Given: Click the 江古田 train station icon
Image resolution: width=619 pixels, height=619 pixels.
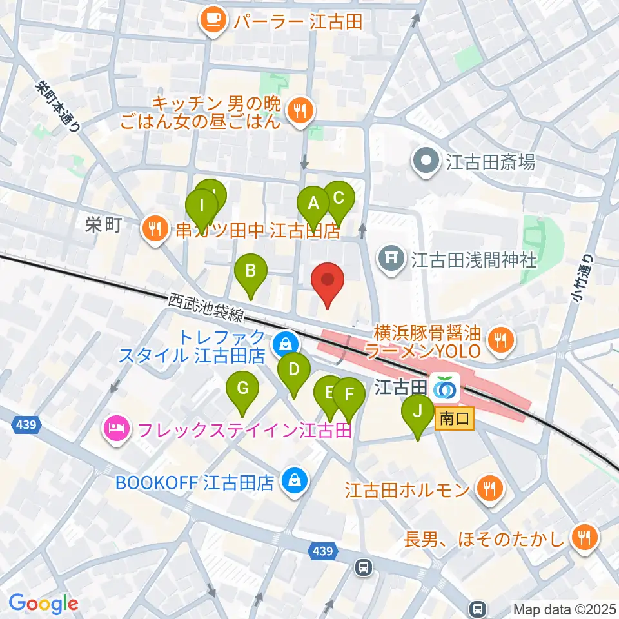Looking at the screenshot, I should (x=445, y=387).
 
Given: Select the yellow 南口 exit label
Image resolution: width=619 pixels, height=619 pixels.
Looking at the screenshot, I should (x=455, y=420).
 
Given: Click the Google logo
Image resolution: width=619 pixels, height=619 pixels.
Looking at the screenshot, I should (x=43, y=604).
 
